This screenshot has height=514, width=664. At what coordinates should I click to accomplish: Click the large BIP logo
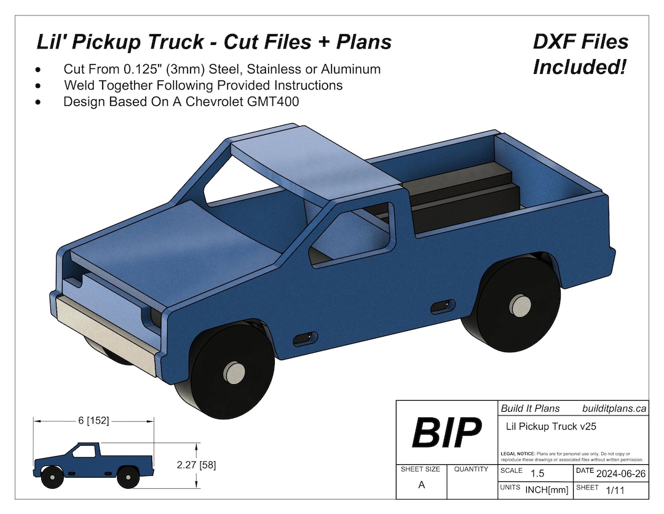click(x=446, y=433)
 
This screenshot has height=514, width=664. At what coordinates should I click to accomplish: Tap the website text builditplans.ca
click(x=614, y=408)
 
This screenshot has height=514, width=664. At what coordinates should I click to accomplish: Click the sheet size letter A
click(x=421, y=485)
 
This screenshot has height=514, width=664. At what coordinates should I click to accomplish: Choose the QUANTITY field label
click(x=471, y=469)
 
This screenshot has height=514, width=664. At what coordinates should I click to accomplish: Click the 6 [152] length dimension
click(x=93, y=421)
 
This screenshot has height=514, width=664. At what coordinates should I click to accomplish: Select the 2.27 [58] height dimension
click(x=196, y=465)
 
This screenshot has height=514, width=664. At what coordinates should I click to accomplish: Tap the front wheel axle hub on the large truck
click(x=234, y=372)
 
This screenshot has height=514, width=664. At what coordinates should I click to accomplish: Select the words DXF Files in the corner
click(x=581, y=42)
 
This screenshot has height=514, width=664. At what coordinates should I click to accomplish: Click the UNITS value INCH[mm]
click(x=546, y=490)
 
